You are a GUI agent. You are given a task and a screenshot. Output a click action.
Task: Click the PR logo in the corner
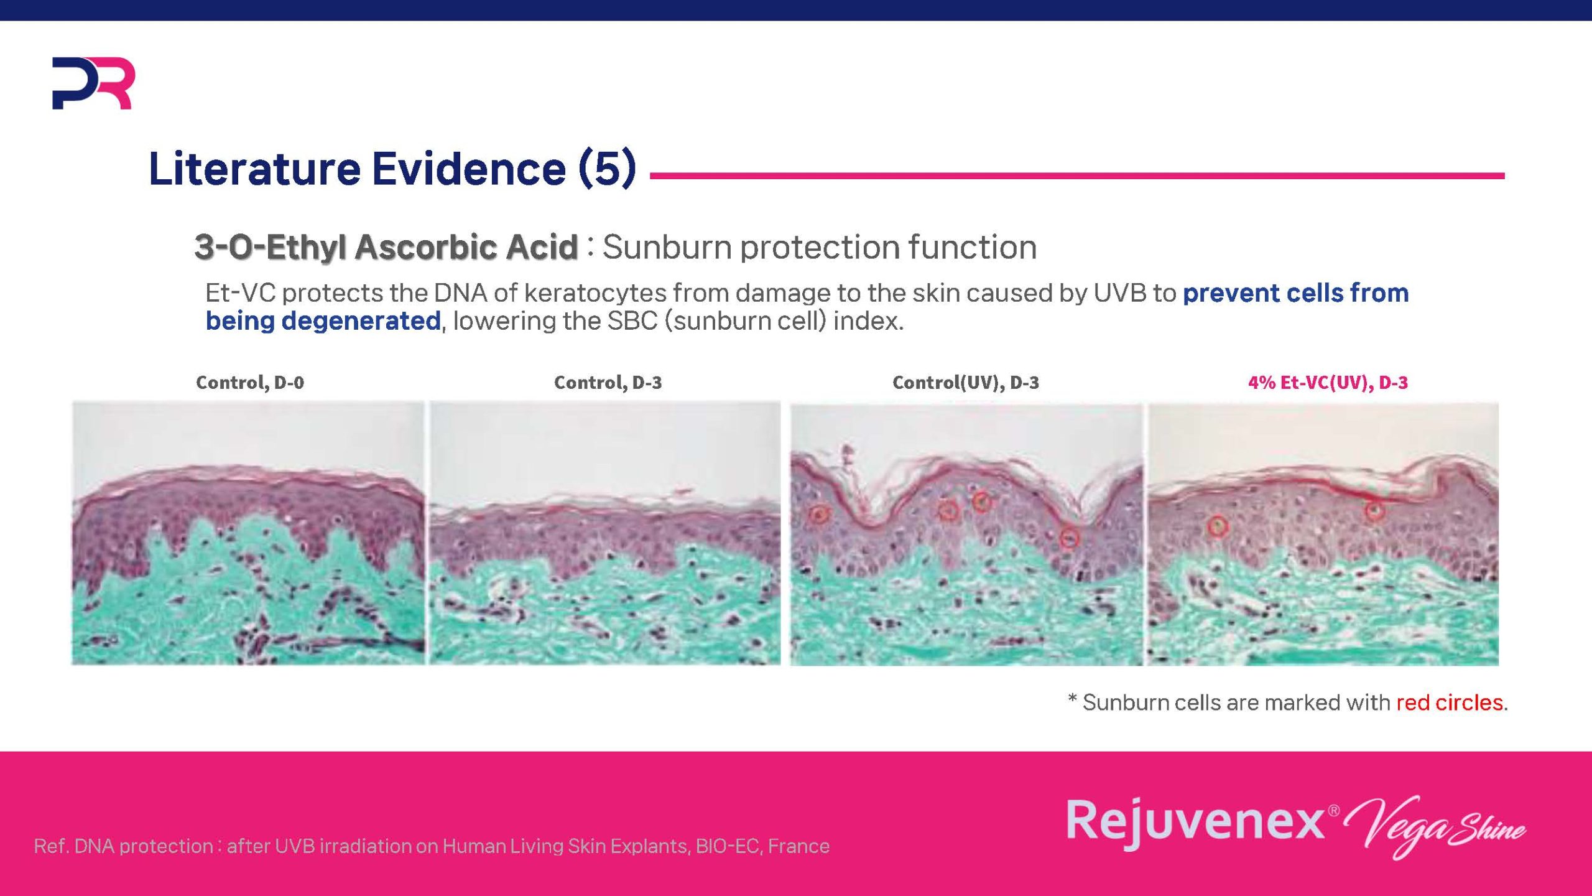[93, 83]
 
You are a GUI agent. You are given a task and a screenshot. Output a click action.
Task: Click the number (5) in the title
[608, 168]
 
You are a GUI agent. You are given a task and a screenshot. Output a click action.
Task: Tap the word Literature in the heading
[254, 168]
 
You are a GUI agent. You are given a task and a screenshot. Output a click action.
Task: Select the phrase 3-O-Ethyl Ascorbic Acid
[386, 247]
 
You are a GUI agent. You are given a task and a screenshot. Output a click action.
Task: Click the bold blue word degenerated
[361, 321]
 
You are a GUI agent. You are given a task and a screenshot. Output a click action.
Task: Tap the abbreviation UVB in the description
[1119, 293]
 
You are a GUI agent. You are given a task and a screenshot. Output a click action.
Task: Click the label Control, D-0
[250, 382]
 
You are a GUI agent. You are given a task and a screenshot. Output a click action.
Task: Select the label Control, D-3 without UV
[608, 382]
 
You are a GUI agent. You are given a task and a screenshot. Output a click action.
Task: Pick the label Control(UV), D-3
[966, 382]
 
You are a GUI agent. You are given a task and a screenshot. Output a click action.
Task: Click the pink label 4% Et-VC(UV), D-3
[1328, 382]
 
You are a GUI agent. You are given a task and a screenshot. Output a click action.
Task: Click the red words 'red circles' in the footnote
[1450, 702]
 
